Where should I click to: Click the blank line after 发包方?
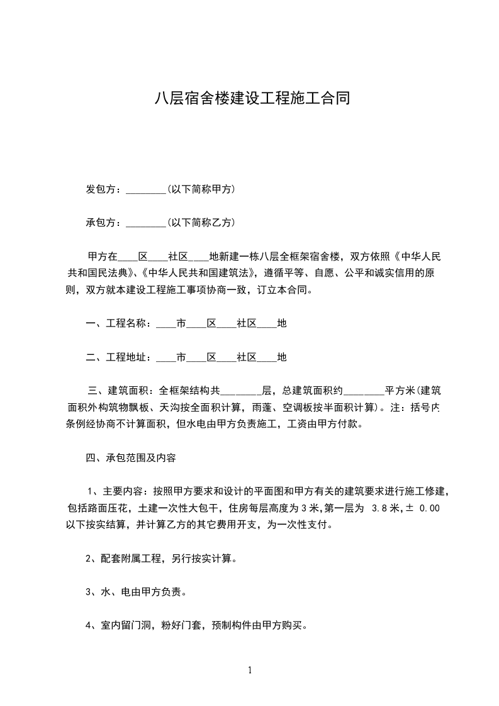coord(145,189)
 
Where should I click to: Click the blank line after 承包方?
coord(145,222)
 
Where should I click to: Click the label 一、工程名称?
coord(118,323)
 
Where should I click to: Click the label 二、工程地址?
coord(118,357)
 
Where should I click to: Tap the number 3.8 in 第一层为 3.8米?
coord(380,508)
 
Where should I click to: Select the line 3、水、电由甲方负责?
coord(135,592)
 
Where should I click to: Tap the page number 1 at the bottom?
coord(250,670)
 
